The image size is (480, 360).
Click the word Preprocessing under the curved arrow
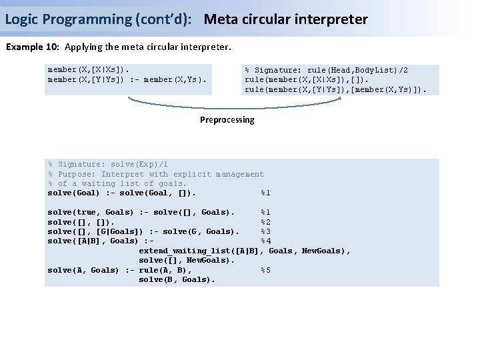coord(227,120)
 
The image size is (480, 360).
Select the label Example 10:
coord(33,48)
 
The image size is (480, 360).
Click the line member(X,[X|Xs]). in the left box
coord(89,69)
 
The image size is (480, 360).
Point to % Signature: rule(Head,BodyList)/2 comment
coord(327,70)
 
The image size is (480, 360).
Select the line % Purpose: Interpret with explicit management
coord(156,174)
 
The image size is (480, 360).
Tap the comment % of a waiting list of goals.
coord(117,183)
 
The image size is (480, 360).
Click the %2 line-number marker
coord(265,222)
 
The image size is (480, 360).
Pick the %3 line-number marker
coord(265,231)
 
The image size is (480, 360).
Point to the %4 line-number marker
coord(265,241)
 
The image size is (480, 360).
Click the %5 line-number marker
coord(265,270)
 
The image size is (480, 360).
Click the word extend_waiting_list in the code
coord(183,251)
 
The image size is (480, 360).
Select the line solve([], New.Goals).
coord(186,260)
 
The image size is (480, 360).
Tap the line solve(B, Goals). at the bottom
coord(177,280)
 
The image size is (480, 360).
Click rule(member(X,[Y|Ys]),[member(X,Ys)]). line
coord(335,89)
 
